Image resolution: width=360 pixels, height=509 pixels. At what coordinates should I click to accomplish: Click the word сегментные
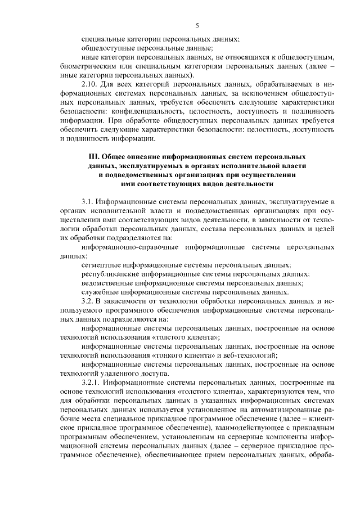(99, 264)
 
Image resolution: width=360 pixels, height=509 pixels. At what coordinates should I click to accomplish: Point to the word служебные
(98, 292)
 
